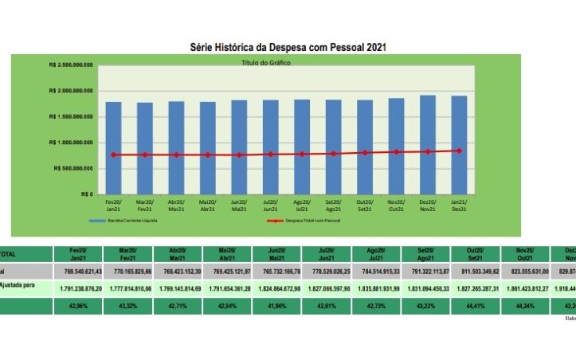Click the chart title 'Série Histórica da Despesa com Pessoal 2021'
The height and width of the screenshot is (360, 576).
coord(288,48)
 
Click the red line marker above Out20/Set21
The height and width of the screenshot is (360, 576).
coord(365,152)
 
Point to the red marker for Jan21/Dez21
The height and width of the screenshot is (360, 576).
coord(459,151)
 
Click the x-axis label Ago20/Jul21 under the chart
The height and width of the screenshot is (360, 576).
coord(303,205)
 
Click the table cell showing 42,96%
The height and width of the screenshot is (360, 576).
coord(80,307)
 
